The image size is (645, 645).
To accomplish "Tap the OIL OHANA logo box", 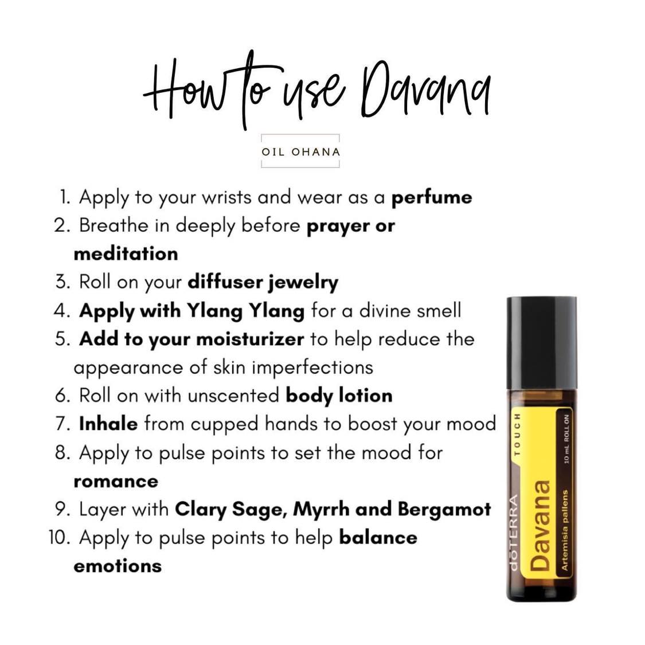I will (x=300, y=152).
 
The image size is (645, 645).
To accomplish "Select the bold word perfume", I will (x=431, y=198).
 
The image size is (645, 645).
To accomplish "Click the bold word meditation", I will (x=126, y=253).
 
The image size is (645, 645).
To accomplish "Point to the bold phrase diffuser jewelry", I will (x=263, y=282).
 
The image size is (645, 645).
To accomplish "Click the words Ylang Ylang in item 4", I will (x=245, y=311).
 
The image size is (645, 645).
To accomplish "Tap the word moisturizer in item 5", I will (x=249, y=339).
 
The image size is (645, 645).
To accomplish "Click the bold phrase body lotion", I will (x=339, y=396).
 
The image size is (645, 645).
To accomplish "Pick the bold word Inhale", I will (x=108, y=424).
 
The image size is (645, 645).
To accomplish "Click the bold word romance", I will (x=115, y=481).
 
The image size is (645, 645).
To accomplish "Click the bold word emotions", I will (x=118, y=566).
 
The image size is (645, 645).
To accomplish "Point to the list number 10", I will (x=59, y=538).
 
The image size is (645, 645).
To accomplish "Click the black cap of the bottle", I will (x=541, y=343).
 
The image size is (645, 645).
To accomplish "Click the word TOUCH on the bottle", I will (x=517, y=434).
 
